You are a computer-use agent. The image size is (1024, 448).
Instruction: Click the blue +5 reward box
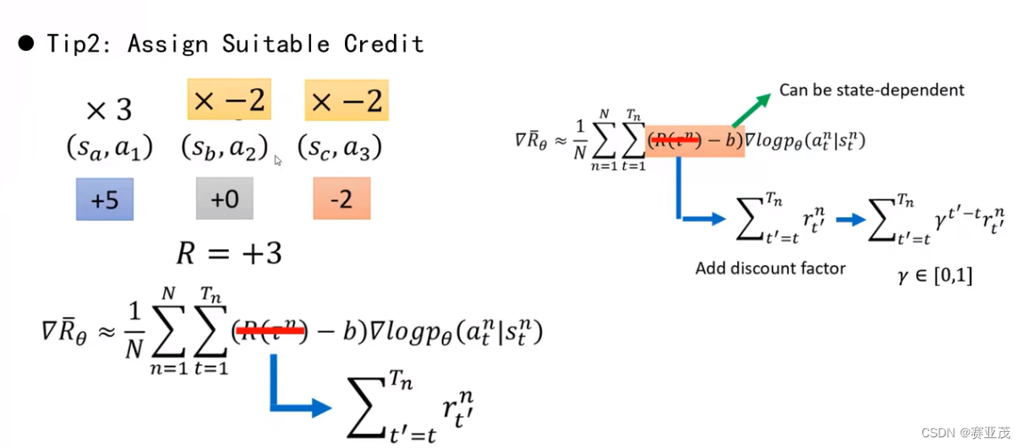click(x=104, y=199)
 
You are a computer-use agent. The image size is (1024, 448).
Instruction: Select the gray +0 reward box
click(x=224, y=199)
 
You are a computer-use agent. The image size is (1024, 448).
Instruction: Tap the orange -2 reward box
click(x=342, y=199)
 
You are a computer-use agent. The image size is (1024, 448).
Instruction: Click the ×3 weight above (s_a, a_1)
click(x=109, y=110)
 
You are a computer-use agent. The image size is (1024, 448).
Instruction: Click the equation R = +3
click(x=228, y=254)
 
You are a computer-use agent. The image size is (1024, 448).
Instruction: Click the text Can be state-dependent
click(x=872, y=90)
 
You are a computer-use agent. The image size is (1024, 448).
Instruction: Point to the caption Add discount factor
click(x=770, y=268)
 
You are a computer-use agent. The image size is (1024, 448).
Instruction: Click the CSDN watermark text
click(x=965, y=433)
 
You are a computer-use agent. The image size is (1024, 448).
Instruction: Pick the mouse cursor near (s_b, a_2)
click(x=278, y=161)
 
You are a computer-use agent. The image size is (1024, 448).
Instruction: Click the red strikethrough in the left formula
click(x=271, y=332)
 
